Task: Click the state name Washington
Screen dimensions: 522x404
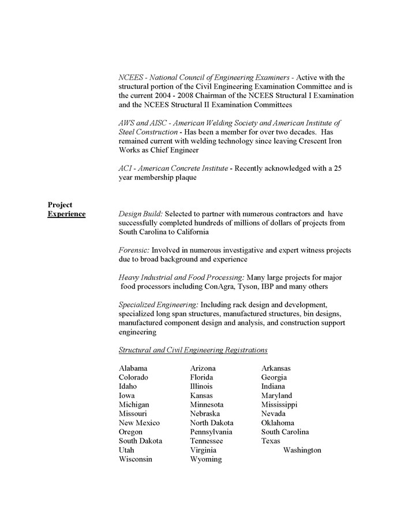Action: tap(302, 450)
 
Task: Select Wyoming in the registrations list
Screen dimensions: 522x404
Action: tap(205, 459)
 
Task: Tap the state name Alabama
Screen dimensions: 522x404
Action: tap(133, 368)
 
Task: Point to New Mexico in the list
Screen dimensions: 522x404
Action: tap(139, 423)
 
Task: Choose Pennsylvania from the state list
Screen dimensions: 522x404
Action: tap(211, 431)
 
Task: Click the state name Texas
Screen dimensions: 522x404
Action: tap(271, 441)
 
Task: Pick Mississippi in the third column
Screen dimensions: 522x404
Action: tap(279, 404)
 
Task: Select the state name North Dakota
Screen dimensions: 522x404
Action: tap(212, 423)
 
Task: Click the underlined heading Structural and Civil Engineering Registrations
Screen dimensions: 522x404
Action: tap(193, 350)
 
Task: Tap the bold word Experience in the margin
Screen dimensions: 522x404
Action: tap(66, 214)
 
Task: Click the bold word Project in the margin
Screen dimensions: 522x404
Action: tap(60, 204)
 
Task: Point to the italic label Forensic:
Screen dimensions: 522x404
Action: tap(134, 250)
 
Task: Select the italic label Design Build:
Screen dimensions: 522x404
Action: tap(140, 213)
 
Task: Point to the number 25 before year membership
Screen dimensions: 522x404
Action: tap(338, 168)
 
